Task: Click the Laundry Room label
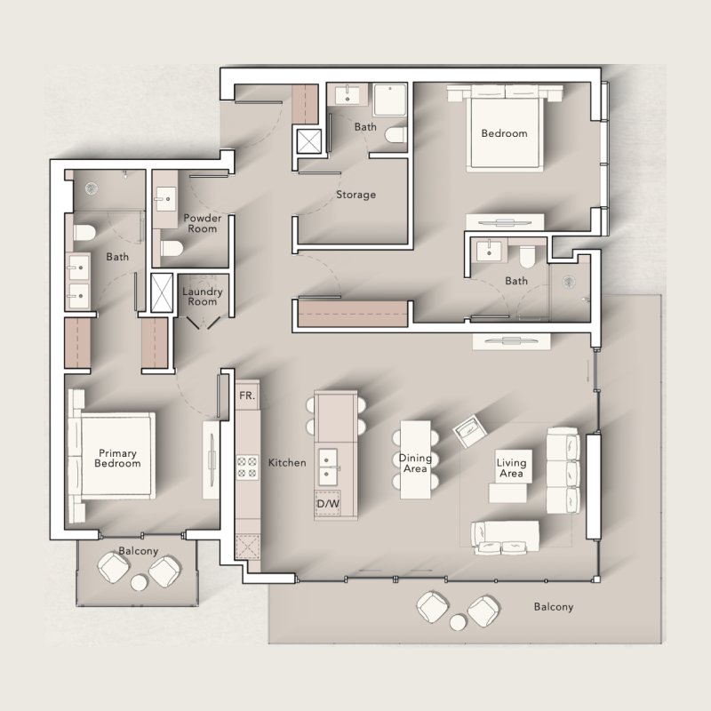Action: click(202, 296)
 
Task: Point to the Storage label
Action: click(355, 195)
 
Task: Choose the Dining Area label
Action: click(415, 464)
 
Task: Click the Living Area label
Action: click(511, 468)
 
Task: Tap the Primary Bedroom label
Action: click(117, 459)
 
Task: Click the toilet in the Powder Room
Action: click(172, 247)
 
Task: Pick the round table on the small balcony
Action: click(139, 583)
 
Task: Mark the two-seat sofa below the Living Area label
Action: click(505, 535)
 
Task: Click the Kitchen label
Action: click(287, 463)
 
